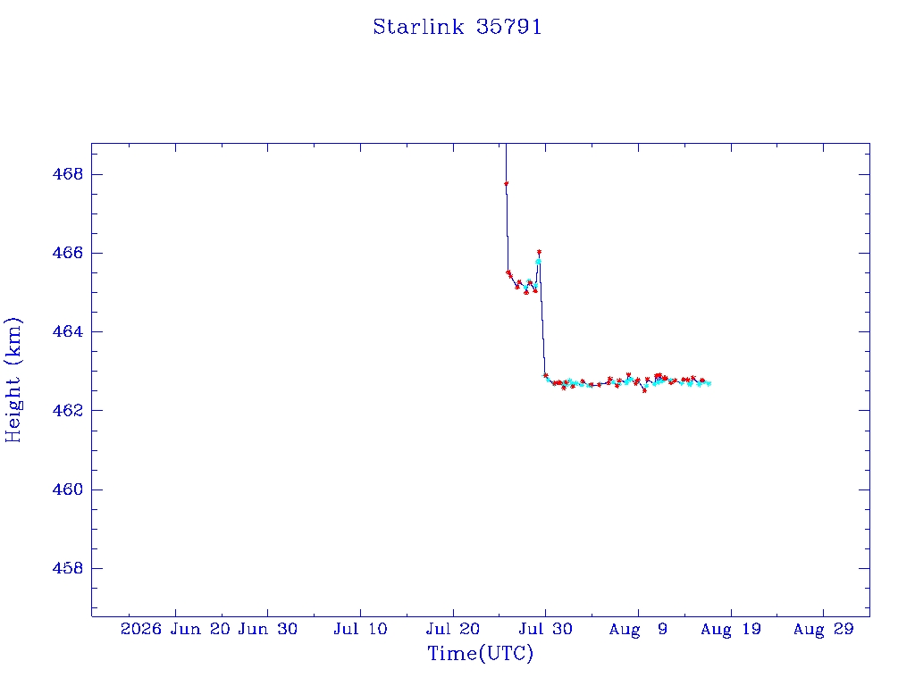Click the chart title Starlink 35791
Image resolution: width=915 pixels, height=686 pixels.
457,27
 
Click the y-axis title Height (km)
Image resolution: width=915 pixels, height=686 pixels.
13,380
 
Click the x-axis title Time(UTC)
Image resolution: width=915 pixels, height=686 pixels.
480,653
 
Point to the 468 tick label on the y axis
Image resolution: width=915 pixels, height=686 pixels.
68,174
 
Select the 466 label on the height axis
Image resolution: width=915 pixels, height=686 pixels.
68,253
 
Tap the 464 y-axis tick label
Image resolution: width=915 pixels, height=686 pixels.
68,331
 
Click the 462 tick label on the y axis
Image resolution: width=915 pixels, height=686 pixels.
68,410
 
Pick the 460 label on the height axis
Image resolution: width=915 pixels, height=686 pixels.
68,489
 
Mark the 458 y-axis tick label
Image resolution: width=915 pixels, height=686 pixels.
68,568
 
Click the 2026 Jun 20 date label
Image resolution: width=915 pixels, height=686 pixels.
175,629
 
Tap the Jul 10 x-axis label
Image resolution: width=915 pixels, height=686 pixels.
361,629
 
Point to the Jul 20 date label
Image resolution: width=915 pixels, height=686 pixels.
453,629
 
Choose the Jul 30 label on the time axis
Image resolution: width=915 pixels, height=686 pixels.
546,629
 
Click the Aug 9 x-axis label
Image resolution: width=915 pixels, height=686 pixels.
638,629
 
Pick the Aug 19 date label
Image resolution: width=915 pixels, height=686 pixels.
731,629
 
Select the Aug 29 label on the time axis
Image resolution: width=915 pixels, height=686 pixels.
823,629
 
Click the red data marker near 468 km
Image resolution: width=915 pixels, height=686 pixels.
506,184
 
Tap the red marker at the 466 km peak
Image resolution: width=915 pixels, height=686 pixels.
539,252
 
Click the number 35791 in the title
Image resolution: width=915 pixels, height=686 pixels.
508,27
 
